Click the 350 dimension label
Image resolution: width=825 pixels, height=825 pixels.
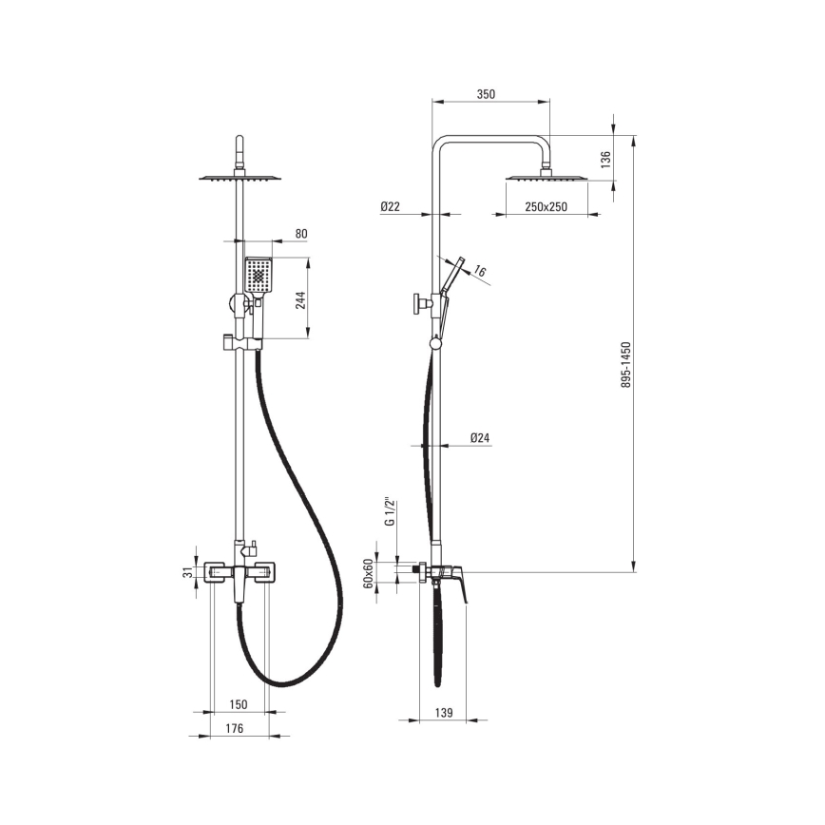(486, 94)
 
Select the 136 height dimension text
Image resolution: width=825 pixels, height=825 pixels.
(605, 160)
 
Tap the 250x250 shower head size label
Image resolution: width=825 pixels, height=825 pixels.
(547, 207)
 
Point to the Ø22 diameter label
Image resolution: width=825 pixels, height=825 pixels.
(390, 207)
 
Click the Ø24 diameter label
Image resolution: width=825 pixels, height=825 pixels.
(480, 438)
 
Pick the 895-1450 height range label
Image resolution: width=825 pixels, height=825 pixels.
(625, 365)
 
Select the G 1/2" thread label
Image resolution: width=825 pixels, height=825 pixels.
(390, 511)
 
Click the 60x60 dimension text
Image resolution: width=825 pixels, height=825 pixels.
(369, 573)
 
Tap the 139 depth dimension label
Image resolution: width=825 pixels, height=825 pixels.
(444, 713)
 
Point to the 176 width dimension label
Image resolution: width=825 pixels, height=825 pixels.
(234, 728)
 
